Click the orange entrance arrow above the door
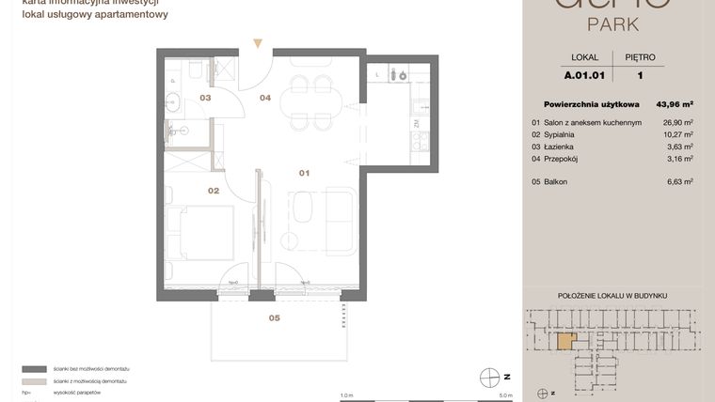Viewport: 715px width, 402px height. coord(258,43)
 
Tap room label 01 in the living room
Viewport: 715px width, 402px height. coord(304,173)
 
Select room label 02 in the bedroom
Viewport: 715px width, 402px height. coord(214,191)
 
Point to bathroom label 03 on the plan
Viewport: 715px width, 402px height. coord(204,97)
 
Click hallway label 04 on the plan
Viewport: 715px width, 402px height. coord(265,97)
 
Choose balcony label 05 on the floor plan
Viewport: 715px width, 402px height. coord(274,318)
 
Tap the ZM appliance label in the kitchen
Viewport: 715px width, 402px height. coord(416,123)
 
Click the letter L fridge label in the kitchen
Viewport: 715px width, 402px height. coord(377,73)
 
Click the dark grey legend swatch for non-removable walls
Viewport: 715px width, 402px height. coord(35,370)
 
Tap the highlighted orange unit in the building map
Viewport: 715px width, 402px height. coord(564,341)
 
